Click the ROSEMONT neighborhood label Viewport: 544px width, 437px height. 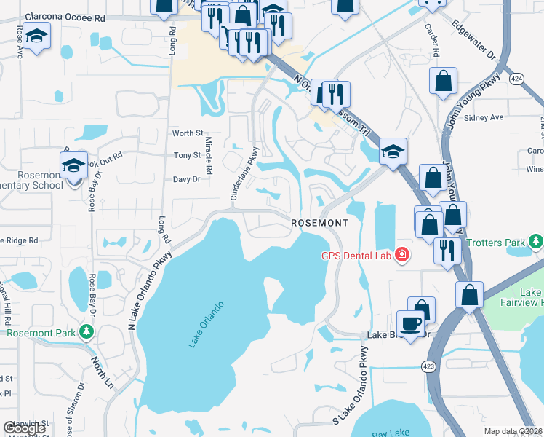tap(317, 222)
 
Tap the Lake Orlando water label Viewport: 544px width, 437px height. tap(206, 324)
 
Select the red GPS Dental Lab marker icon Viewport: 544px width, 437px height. tap(401, 255)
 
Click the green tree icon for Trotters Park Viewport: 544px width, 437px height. tap(536, 241)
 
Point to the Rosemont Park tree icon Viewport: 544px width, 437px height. tap(87, 332)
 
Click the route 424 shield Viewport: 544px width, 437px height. tap(517, 79)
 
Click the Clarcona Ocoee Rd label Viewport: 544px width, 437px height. tap(64, 16)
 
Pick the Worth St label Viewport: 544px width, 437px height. tap(187, 133)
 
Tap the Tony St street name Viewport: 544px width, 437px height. tap(187, 155)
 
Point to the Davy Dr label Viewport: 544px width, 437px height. tap(186, 178)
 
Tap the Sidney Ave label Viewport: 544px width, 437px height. tap(484, 117)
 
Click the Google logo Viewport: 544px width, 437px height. tap(24, 428)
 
